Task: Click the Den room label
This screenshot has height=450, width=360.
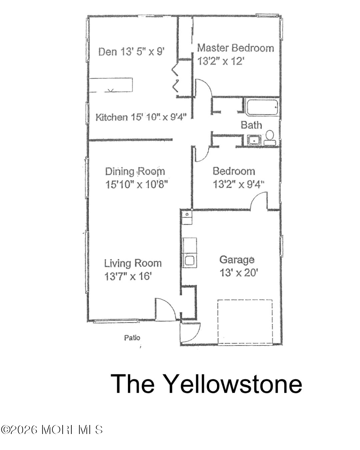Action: tap(131, 51)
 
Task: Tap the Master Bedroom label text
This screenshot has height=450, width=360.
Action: tap(236, 48)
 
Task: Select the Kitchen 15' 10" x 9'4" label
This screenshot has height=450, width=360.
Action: tap(141, 117)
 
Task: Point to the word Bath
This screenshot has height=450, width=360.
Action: tap(251, 125)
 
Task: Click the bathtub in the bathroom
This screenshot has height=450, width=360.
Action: tap(262, 107)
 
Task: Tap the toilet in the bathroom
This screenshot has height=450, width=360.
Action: tap(270, 137)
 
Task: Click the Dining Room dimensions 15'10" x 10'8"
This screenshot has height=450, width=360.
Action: tap(137, 184)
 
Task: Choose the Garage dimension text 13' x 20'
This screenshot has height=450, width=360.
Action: tap(239, 272)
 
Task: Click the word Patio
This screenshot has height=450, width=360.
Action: tap(132, 337)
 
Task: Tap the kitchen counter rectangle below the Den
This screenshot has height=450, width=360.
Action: tap(111, 85)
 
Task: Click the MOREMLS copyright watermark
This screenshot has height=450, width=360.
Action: tap(51, 429)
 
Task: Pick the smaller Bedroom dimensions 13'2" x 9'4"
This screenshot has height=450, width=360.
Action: tap(238, 184)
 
